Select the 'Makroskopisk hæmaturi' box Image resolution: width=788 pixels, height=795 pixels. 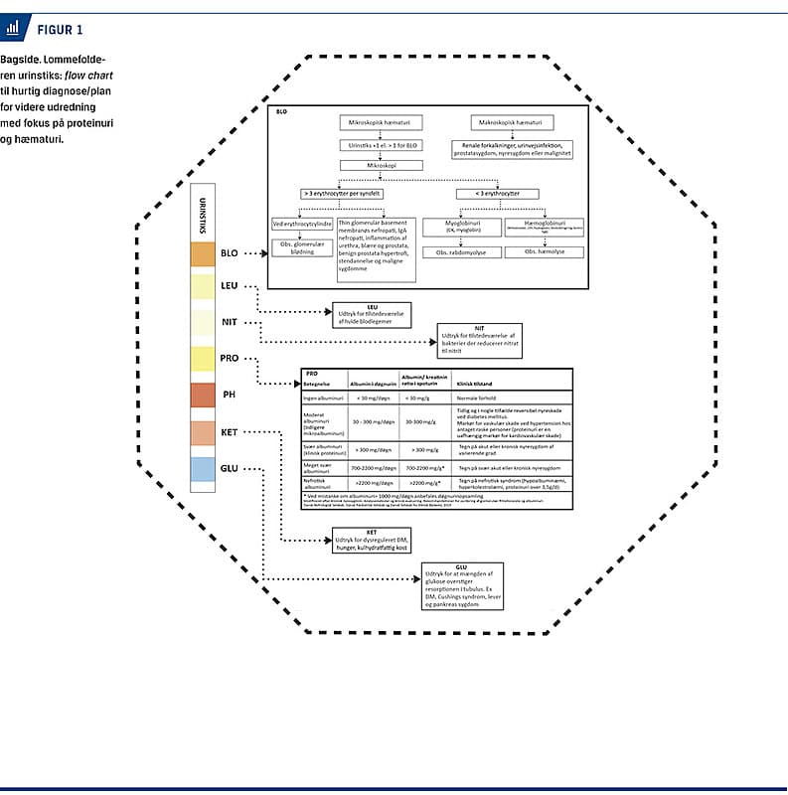click(511, 121)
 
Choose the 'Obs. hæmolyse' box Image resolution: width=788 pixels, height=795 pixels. click(544, 252)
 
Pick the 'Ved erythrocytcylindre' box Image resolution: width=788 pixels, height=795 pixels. click(302, 224)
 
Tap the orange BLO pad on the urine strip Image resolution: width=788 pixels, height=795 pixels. click(201, 253)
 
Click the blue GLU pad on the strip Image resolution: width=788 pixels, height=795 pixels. click(201, 469)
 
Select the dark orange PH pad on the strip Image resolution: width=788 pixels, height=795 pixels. click(201, 395)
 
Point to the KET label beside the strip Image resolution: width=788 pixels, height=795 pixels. click(230, 432)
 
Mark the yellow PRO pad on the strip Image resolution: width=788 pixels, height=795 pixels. click(201, 359)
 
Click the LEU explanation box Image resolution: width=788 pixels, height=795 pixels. click(373, 315)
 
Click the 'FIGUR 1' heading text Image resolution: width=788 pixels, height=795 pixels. click(59, 29)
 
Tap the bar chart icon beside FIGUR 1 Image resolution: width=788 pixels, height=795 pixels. click(13, 28)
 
